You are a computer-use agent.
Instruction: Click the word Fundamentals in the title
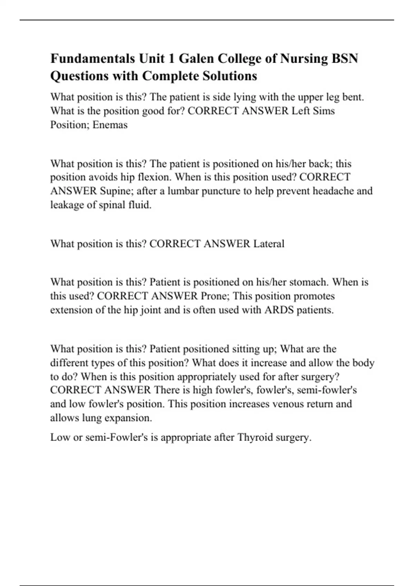point(93,59)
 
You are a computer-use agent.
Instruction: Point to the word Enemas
point(110,124)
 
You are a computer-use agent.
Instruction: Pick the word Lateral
point(269,244)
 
